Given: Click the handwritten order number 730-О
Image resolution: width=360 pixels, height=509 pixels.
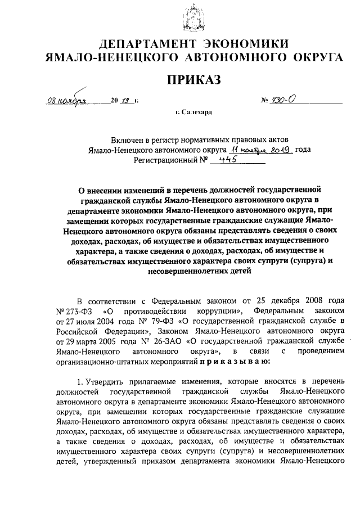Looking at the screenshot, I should click(x=287, y=100).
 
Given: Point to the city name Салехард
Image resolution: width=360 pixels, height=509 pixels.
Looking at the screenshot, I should click(x=197, y=112).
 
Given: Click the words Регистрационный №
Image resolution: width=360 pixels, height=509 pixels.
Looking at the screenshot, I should click(x=170, y=160).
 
